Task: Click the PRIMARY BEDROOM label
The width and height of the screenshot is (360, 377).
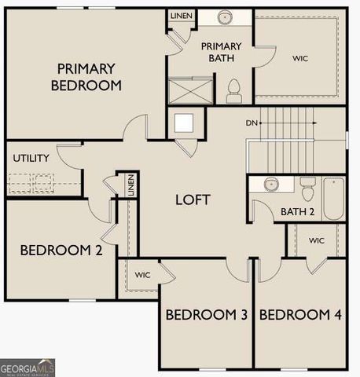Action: point(86,77)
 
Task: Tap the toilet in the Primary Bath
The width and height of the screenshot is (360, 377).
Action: point(233,92)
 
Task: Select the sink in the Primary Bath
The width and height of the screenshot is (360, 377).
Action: point(225,16)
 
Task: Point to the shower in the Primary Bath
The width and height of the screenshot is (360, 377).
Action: point(191,90)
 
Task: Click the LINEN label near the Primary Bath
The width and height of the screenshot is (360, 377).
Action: point(182,16)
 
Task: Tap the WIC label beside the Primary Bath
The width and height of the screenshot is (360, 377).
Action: point(300,58)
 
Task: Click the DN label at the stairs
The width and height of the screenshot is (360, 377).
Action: point(251,123)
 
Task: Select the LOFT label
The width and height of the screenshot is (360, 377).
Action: point(193,199)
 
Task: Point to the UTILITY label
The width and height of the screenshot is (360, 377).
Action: point(31,158)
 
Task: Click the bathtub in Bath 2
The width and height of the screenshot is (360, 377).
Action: point(333,199)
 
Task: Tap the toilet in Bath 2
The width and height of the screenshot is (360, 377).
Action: point(307,189)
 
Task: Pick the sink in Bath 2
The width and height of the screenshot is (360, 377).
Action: point(271,185)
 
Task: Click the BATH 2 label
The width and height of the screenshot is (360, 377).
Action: point(297,212)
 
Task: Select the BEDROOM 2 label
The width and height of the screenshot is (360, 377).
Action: point(61,251)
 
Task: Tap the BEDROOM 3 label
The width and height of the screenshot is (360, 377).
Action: point(207,315)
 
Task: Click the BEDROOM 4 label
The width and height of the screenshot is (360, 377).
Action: point(300,315)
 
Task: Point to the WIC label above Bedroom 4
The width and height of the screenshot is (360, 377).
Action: point(316,240)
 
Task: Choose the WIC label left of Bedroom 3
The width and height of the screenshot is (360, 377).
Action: point(142,275)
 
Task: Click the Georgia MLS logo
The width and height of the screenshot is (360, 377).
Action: point(28,367)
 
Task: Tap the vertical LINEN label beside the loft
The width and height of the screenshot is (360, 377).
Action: point(131,186)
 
